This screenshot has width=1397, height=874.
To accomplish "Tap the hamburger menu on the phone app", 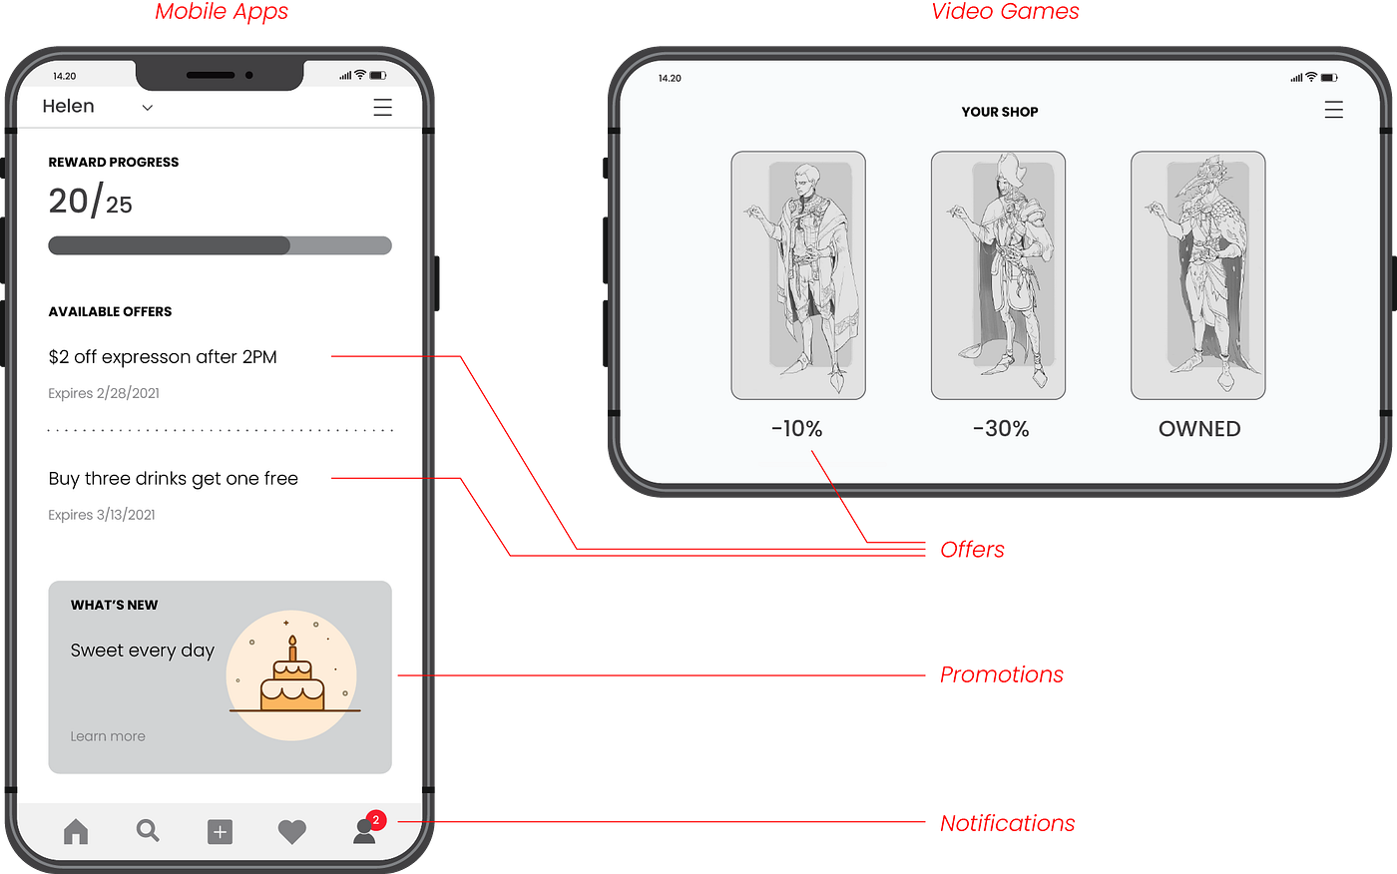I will pos(382,108).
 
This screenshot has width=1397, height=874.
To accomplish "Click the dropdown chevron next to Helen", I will pos(148,108).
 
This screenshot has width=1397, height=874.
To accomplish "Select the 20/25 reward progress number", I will pos(90,202).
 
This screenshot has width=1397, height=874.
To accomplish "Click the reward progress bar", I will pos(220,245).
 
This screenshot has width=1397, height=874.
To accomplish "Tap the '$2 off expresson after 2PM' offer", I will pos(163,357).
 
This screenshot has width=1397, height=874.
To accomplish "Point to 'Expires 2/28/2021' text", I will pos(104,393).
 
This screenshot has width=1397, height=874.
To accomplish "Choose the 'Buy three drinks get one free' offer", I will pos(174,479).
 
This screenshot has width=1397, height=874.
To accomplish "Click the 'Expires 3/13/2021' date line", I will pos(102,515).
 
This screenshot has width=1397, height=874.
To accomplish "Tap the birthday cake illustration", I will pos(292,676).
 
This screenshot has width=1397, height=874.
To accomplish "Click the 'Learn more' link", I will pos(108,736).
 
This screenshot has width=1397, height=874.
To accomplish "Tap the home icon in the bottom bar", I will pos(76,831).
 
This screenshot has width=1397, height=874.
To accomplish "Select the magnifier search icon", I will pos(148,830).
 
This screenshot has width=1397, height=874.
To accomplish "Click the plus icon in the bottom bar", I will pos(220,831).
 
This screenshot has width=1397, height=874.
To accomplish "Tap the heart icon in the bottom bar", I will pos(291,831).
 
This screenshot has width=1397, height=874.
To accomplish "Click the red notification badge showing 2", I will pos(376,820).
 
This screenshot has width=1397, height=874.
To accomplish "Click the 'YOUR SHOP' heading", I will pos(1000,112).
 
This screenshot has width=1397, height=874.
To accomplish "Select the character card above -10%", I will pos(798,275).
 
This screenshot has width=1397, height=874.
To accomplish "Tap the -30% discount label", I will pos(1000,429).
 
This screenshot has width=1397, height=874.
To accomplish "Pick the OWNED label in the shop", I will pos(1199,429).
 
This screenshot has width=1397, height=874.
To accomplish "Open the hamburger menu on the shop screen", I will pos(1333,110).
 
